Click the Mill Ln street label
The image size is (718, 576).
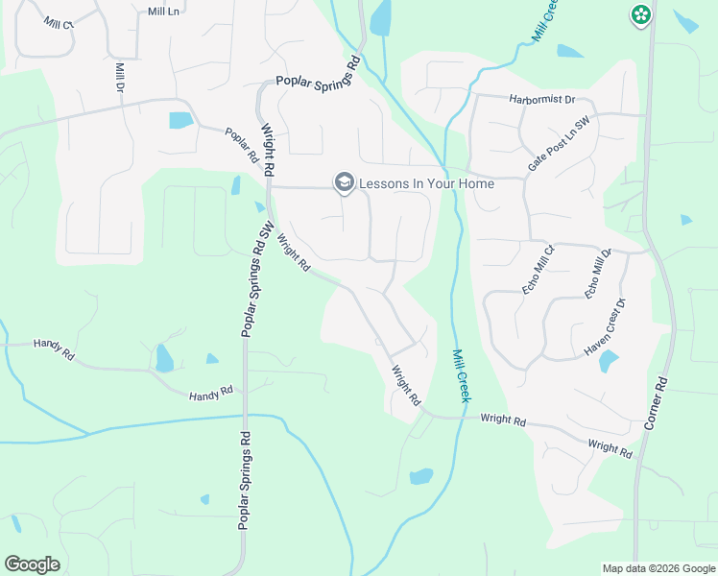click(x=164, y=12)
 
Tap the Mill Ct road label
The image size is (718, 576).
click(x=56, y=22)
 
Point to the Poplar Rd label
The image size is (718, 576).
click(x=242, y=144)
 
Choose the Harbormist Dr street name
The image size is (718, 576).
click(x=542, y=99)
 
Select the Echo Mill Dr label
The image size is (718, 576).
click(x=598, y=273)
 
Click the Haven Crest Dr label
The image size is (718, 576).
click(x=605, y=328)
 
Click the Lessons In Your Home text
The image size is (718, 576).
click(x=427, y=183)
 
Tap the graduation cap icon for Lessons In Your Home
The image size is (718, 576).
click(x=344, y=182)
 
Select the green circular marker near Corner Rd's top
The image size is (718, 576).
click(x=640, y=15)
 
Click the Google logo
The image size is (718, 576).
click(x=32, y=564)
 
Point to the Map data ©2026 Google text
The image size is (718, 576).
click(x=658, y=568)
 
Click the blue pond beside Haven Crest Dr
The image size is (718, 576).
click(x=609, y=361)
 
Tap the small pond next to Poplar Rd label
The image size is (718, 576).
click(x=179, y=120)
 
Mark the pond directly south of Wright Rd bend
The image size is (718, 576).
click(x=420, y=476)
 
